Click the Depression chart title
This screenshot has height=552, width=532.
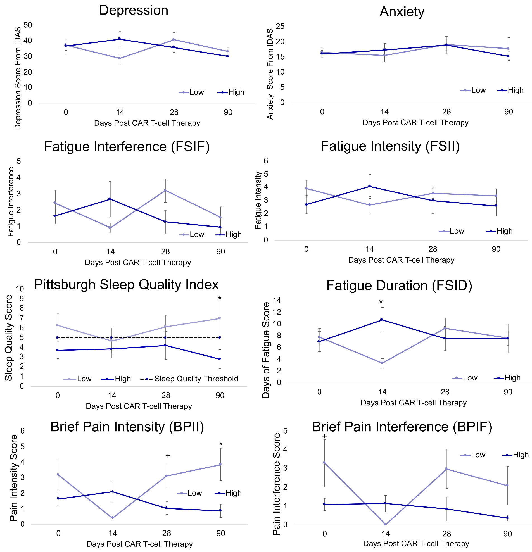[134, 10]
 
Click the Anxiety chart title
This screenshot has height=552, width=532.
[402, 12]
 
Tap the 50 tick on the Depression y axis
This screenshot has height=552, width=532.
[28, 25]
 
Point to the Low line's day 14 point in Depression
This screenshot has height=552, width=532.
[120, 58]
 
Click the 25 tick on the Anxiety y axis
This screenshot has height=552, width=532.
[280, 27]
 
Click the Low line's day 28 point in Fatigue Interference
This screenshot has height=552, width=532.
[165, 191]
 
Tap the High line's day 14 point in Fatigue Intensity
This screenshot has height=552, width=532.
[369, 186]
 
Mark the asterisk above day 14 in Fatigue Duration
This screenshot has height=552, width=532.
[381, 302]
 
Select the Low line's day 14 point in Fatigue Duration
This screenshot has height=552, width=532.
[382, 363]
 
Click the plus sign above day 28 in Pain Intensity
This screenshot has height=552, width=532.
[168, 456]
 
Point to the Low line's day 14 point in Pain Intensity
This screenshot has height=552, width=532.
[113, 518]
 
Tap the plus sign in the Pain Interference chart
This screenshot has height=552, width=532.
[324, 436]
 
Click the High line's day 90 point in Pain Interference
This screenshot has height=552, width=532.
[507, 518]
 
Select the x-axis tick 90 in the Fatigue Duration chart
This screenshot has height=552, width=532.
[508, 392]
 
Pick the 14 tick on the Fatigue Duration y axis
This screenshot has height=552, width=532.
[277, 300]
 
